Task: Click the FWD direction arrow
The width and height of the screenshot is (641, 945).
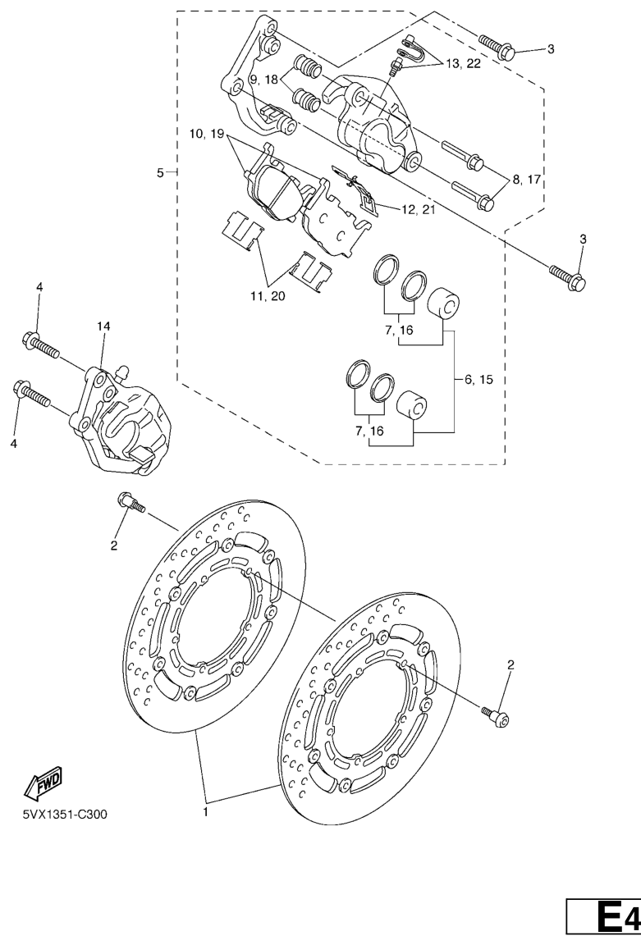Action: click(x=42, y=783)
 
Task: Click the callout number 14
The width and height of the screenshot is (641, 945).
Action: click(x=103, y=326)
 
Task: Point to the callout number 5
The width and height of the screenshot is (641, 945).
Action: click(x=160, y=173)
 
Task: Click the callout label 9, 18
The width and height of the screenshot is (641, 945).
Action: click(x=263, y=79)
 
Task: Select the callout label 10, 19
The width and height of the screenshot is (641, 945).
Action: click(x=207, y=134)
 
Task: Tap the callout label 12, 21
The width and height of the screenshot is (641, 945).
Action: click(x=417, y=209)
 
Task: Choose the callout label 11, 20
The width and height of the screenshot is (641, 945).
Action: click(x=268, y=296)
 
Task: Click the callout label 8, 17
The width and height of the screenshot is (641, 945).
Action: click(x=526, y=179)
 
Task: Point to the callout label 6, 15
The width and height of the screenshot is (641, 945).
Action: click(x=478, y=379)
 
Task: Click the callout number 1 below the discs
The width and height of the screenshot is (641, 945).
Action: click(x=205, y=812)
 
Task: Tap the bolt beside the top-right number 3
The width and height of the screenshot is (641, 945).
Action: click(x=497, y=46)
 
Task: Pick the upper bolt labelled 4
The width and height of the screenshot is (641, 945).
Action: click(x=42, y=344)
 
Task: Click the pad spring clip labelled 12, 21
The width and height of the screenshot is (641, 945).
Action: click(x=356, y=189)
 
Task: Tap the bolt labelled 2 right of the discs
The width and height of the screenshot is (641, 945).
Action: click(x=497, y=714)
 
